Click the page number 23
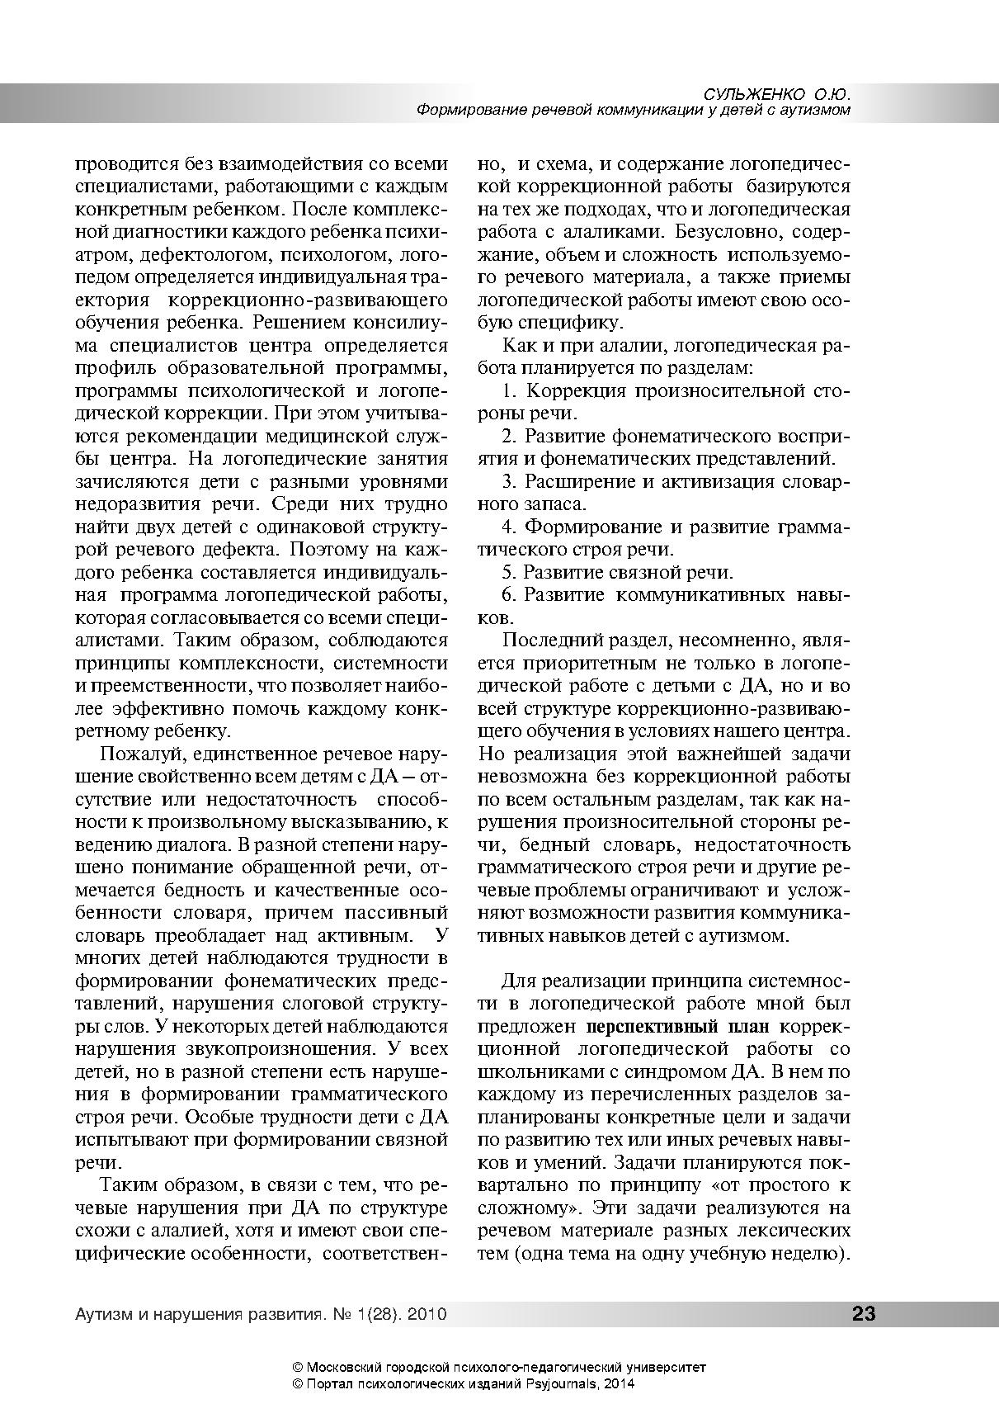click(x=863, y=1313)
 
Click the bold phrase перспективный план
click(x=678, y=1027)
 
